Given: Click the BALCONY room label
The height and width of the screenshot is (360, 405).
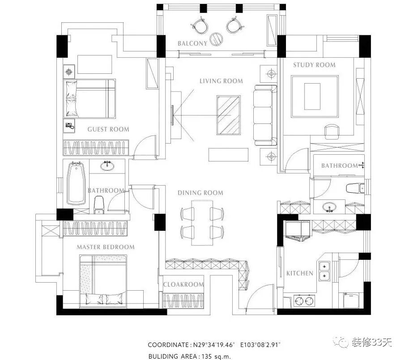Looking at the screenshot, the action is (x=192, y=43).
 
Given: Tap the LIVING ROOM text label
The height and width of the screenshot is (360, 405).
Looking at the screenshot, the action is (x=221, y=81).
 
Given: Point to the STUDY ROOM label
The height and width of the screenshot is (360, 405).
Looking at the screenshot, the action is (x=314, y=65).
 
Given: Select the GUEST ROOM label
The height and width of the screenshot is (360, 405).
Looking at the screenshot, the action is (x=108, y=129).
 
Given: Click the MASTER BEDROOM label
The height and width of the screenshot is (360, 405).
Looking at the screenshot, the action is (x=106, y=247).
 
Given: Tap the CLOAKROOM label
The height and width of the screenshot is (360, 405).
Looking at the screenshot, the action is (x=183, y=284).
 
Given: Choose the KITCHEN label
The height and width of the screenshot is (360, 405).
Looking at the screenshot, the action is (x=300, y=273).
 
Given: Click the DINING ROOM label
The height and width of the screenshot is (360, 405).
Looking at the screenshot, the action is (x=200, y=193).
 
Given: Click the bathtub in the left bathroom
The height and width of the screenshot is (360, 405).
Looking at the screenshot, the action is (x=76, y=183).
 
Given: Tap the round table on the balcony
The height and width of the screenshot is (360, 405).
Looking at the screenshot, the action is (x=217, y=39).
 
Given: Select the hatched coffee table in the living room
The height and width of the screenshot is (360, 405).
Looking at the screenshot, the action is (x=229, y=115).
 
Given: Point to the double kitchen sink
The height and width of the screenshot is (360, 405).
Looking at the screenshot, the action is (x=324, y=271).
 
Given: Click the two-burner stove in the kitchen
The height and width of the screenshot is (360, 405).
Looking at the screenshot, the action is (x=304, y=301).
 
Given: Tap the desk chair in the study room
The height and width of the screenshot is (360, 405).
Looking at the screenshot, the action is (x=332, y=131).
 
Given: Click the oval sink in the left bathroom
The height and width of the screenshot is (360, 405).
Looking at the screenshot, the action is (x=107, y=165).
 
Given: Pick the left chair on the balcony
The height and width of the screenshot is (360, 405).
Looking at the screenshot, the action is (x=200, y=26).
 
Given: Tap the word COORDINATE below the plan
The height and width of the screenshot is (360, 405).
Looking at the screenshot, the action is (x=168, y=345).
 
